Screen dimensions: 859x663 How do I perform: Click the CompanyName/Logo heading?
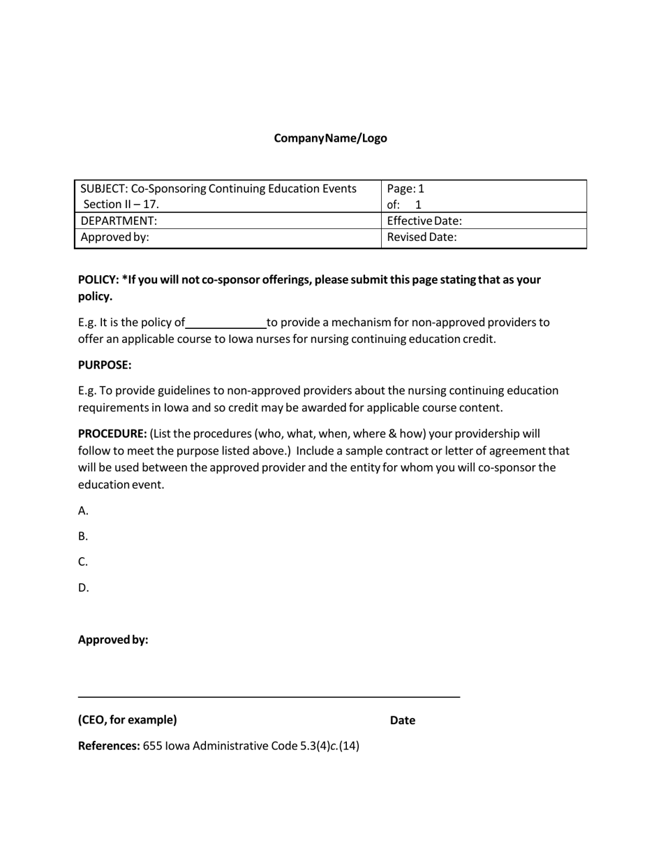point(330,138)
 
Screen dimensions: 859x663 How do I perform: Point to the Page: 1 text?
point(405,189)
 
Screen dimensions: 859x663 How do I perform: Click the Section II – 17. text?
point(121,205)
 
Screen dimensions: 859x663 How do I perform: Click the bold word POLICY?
point(98,279)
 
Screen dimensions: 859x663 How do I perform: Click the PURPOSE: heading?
point(105,365)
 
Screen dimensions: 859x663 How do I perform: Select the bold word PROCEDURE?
point(112,434)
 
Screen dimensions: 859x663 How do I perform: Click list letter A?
point(83,511)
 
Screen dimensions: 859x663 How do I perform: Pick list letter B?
point(83,536)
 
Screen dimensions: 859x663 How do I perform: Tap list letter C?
point(83,562)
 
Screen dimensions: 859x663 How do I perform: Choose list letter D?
point(83,588)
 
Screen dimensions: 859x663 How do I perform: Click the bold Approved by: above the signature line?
point(113,640)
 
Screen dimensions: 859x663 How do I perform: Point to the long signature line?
point(269,696)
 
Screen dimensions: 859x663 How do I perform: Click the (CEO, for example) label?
point(128,720)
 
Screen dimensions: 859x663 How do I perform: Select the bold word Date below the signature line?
point(403,721)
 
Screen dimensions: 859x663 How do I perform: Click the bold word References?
point(109,746)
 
